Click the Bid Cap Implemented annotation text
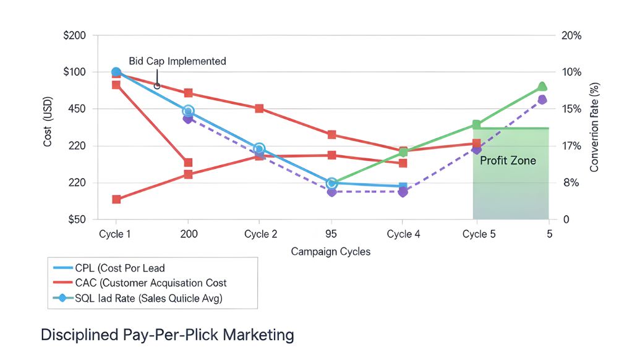coord(177,61)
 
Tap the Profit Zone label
coord(508,160)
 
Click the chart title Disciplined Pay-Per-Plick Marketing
coord(167,335)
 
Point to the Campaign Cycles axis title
coord(331,252)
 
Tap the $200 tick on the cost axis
coord(74,35)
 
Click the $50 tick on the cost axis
coord(75,220)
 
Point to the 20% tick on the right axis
coord(571,35)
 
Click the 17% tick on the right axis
coord(571,146)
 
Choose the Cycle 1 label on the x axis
coord(116,234)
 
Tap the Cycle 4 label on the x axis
coord(403,234)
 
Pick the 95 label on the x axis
coord(331,234)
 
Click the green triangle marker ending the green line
coord(542,86)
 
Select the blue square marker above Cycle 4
coord(403,186)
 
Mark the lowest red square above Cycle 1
coord(116,199)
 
